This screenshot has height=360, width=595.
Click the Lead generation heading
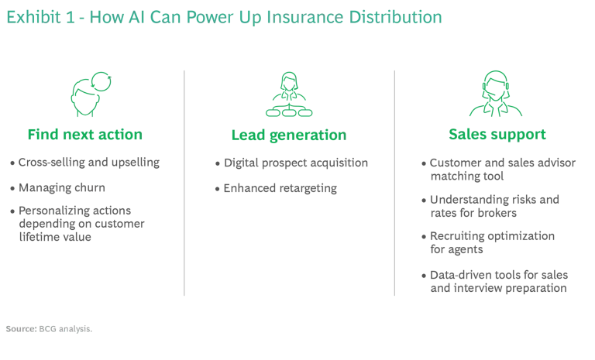pos(287,135)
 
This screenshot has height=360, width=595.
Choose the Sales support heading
pos(499,135)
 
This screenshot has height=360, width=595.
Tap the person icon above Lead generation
pos(287,91)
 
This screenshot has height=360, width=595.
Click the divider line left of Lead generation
pos(183,182)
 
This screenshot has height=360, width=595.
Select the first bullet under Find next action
pos(83,163)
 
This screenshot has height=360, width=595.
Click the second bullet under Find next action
pos(55,187)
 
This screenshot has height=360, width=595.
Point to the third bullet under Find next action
pos(77,221)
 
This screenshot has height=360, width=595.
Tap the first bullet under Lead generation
pos(291,163)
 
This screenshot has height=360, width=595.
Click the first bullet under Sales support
pos(499,170)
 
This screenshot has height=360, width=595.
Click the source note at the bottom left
pos(47,328)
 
